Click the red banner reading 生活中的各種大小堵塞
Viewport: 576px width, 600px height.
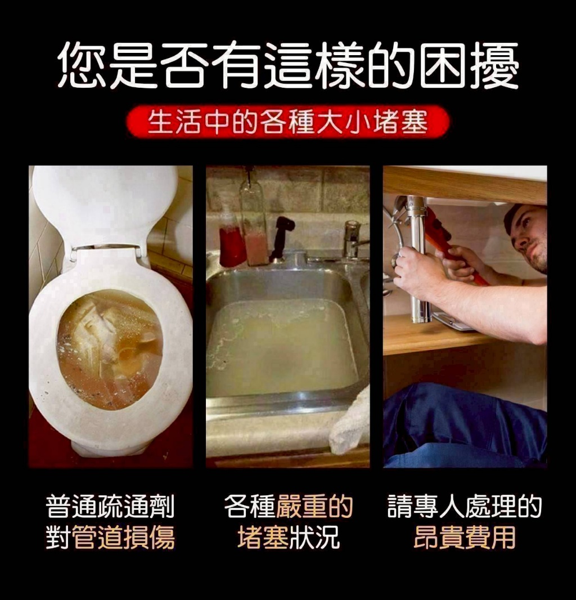click(287, 122)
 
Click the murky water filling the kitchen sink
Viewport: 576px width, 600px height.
click(281, 343)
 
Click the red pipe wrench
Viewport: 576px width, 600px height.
click(450, 242)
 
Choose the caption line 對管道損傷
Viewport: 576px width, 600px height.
click(110, 537)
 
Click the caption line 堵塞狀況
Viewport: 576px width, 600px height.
click(288, 537)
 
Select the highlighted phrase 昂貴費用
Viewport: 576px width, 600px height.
click(465, 537)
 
